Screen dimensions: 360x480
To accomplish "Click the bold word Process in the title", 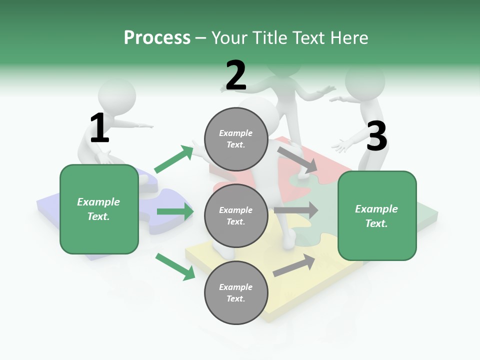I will (157, 38).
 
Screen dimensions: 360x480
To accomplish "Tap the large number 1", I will (99, 128).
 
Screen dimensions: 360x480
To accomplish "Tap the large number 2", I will (236, 75).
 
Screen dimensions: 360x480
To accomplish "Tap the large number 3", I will (376, 136).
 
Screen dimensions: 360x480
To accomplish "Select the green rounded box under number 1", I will (99, 209).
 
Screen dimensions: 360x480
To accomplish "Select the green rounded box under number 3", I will (377, 215).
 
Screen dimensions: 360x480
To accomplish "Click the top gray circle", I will (236, 138).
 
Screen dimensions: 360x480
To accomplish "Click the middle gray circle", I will (236, 215).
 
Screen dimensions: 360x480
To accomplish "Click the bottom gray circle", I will (236, 292).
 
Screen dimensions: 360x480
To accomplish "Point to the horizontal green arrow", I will (175, 211).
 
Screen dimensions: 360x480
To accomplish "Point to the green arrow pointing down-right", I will (175, 266).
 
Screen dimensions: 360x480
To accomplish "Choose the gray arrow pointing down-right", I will (297, 159).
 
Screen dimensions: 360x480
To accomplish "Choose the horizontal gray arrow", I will (296, 210).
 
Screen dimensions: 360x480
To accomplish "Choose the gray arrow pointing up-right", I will (294, 265).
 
